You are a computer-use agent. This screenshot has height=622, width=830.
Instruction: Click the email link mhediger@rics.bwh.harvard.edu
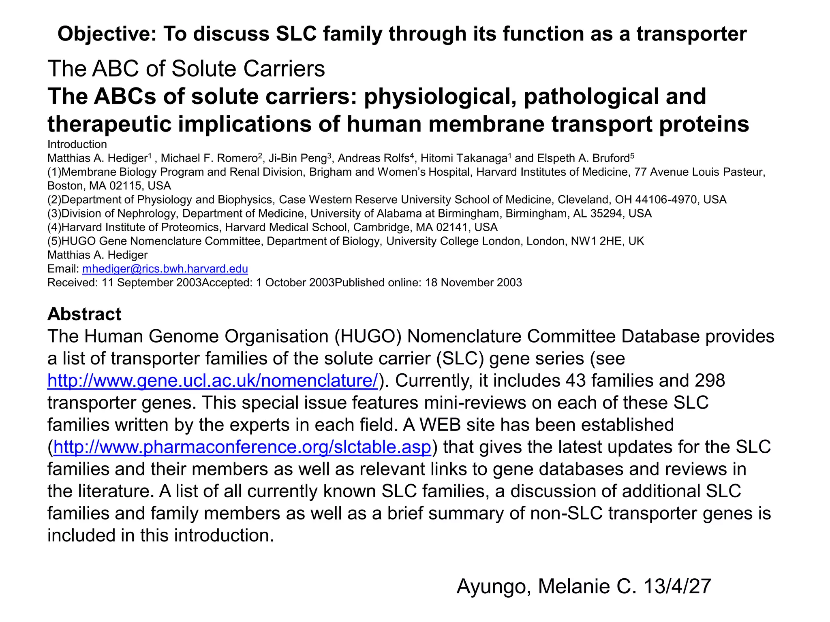click(165, 269)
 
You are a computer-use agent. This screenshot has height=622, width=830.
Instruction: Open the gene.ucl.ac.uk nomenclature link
click(213, 381)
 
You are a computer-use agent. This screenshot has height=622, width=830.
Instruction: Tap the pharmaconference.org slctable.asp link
click(242, 447)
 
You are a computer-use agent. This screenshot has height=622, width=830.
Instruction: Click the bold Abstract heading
click(84, 314)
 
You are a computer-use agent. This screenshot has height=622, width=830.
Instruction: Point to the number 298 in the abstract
click(710, 381)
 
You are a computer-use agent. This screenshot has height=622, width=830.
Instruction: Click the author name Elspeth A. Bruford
click(582, 158)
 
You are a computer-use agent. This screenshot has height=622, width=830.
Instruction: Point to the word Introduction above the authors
click(77, 145)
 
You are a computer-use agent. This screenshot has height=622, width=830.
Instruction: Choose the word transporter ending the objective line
click(691, 34)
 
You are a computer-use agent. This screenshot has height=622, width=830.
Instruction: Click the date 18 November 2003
click(473, 283)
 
